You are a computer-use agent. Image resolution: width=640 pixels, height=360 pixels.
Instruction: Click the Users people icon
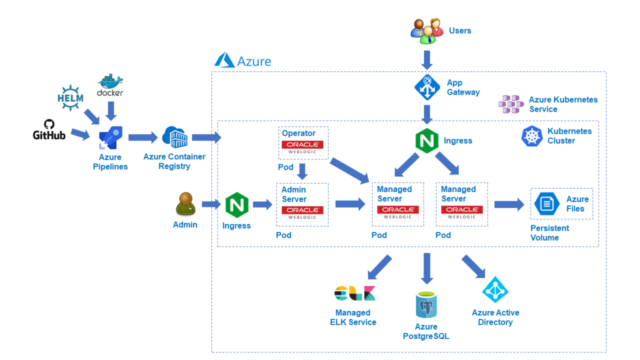point(426,31)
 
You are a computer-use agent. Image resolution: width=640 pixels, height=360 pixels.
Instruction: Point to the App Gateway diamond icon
point(427,87)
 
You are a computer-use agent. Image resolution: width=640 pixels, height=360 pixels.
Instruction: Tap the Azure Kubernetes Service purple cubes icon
point(511,104)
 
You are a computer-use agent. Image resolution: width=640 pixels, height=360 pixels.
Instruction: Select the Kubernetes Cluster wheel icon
point(532,136)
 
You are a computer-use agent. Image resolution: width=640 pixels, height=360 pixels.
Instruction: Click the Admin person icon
point(185,204)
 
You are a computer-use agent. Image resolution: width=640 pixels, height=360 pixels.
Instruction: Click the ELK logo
point(354,293)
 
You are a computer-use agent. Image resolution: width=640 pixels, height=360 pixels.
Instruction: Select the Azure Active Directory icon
point(496,290)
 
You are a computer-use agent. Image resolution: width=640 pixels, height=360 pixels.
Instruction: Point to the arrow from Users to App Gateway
point(427,59)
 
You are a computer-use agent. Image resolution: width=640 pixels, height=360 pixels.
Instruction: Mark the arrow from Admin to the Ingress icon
point(211,204)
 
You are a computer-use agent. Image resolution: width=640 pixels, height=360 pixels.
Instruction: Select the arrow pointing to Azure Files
point(509,204)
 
